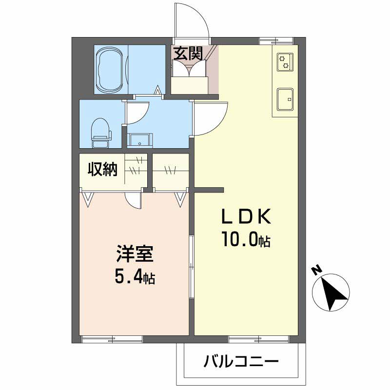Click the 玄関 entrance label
tap(187, 53)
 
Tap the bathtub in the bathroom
tap(110, 70)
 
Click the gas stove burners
tap(284, 61)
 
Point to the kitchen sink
tap(285, 99)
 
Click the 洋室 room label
tap(135, 254)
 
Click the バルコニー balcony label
tap(241, 362)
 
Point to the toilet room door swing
tap(138, 114)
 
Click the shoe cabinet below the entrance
tap(189, 85)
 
